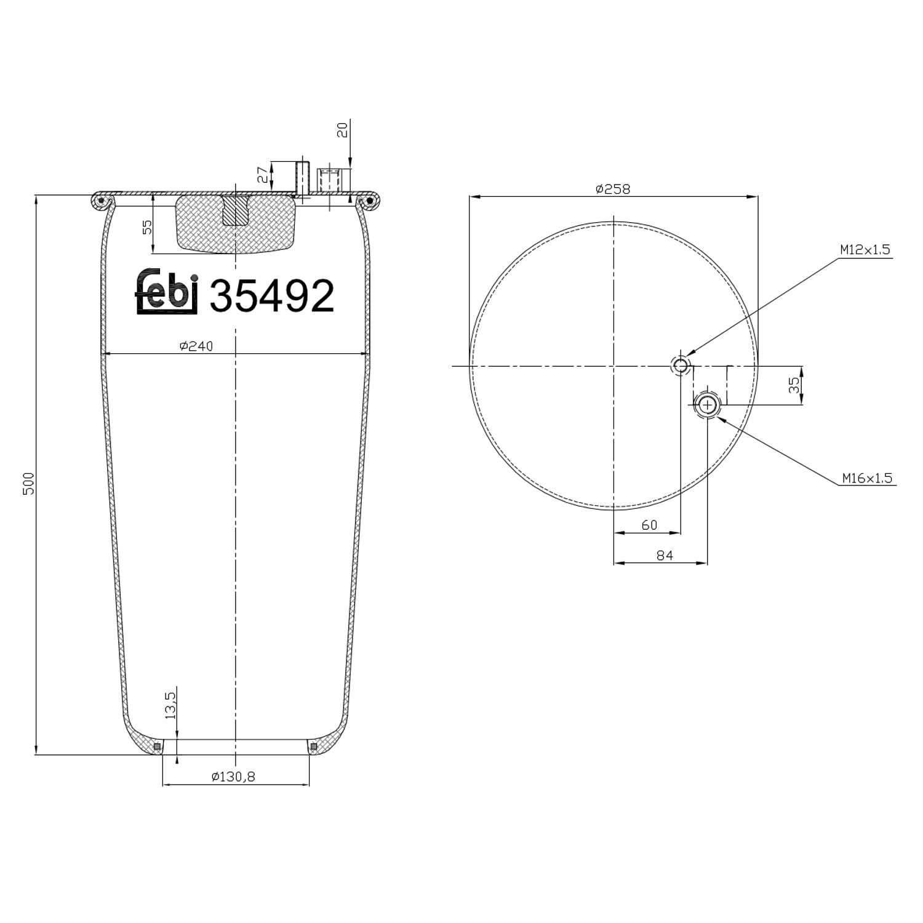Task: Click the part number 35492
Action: [272, 296]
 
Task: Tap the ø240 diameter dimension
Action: [196, 346]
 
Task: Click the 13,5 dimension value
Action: [170, 705]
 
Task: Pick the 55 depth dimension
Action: [147, 227]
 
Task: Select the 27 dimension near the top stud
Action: [263, 175]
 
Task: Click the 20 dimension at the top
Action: [343, 130]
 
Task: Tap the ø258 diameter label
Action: [613, 189]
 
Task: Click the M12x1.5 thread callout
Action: [865, 250]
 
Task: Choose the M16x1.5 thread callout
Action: [867, 478]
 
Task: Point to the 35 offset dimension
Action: [794, 385]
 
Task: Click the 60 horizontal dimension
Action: [649, 525]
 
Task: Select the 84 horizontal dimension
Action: [665, 555]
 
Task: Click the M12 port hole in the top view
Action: [681, 366]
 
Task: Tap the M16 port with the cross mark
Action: [708, 404]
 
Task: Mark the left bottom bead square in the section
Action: [158, 746]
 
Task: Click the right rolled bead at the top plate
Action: [370, 200]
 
